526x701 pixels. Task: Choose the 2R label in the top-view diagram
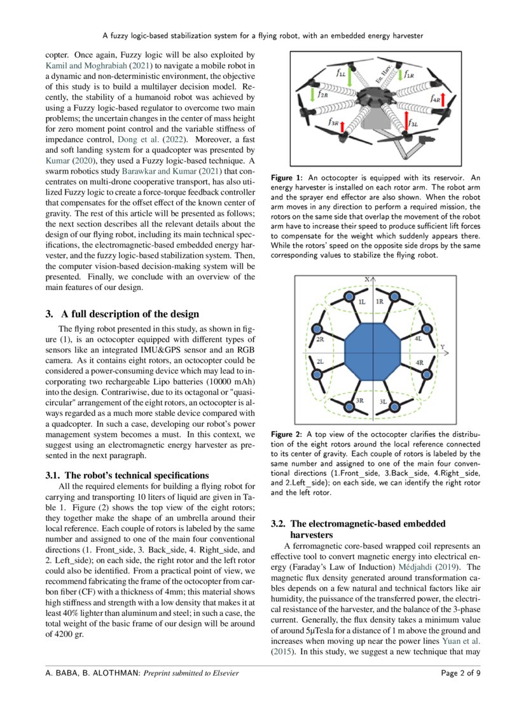pyautogui.click(x=321, y=340)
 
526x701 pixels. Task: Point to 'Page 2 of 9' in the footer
pyautogui.click(x=461, y=673)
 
